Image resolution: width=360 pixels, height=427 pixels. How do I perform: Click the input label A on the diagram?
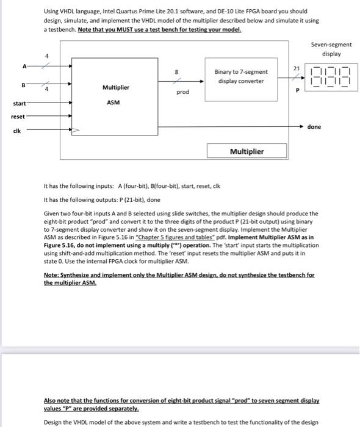tap(24, 66)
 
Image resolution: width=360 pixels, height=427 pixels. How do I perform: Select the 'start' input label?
tap(20, 103)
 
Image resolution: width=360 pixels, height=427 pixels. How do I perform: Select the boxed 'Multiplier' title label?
tap(247, 151)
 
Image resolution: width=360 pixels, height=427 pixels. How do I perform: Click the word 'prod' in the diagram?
tap(183, 92)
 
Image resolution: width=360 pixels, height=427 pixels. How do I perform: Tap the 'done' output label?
tap(314, 127)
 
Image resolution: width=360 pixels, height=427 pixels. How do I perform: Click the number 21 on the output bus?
tap(297, 68)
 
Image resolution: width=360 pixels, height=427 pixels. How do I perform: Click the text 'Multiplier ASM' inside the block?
tap(113, 95)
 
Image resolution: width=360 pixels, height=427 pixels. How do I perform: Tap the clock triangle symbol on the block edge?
tap(76, 130)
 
